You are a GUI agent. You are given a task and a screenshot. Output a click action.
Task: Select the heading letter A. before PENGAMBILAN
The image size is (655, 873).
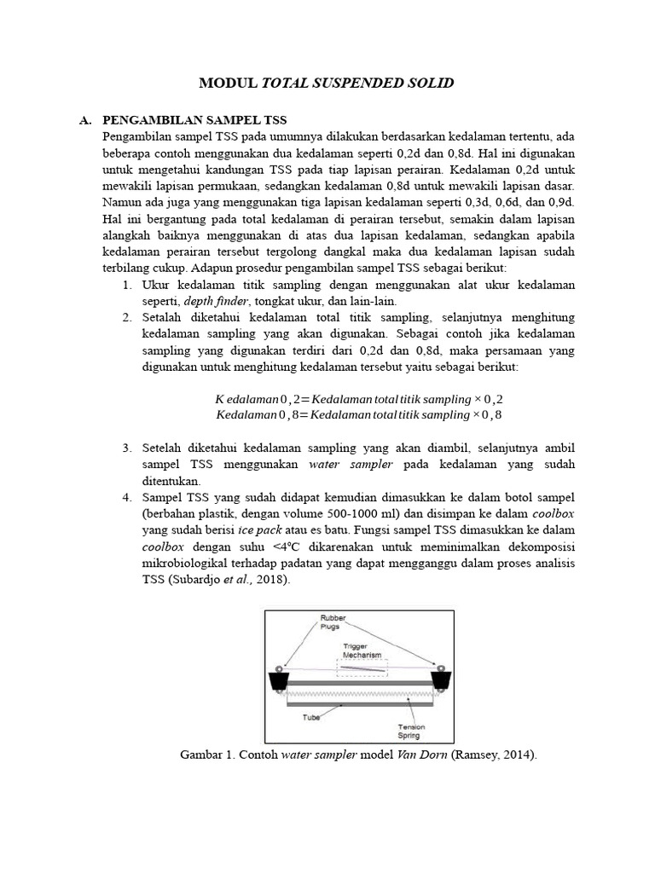tap(85, 120)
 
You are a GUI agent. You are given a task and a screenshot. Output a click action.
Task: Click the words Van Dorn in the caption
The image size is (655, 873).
tap(418, 754)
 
